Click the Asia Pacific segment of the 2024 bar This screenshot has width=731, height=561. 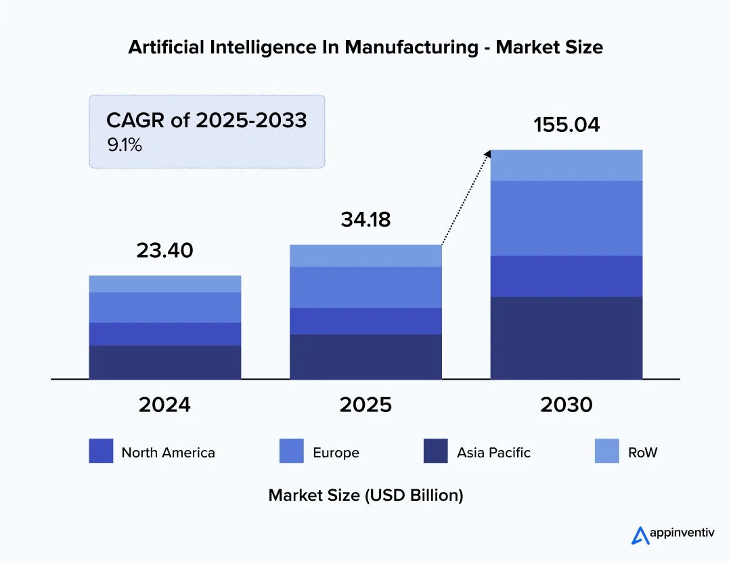pos(165,362)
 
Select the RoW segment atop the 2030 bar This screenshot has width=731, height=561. pos(567,165)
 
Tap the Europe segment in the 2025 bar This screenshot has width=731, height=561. pos(365,287)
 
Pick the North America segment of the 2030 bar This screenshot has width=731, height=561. pos(567,275)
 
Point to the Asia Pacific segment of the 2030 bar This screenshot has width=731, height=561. pos(567,338)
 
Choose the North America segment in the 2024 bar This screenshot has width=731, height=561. pos(165,334)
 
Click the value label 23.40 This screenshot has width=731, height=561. pos(164,250)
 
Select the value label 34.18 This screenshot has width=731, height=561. pos(365,219)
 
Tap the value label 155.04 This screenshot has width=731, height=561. pos(567,125)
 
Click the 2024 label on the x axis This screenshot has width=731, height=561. pos(164,405)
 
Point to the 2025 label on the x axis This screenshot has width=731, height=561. pos(365,405)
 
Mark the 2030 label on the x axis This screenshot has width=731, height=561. pos(567,405)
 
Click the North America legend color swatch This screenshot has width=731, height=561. pos(101,451)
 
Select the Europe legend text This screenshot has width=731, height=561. pos(336,453)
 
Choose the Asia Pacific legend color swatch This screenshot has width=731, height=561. pos(436,451)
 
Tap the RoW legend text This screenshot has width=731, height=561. pos(642,453)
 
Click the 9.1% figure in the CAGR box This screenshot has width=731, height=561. pos(125,144)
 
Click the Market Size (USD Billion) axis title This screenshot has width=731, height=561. pos(365,495)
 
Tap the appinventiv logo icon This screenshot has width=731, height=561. pos(640,535)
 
